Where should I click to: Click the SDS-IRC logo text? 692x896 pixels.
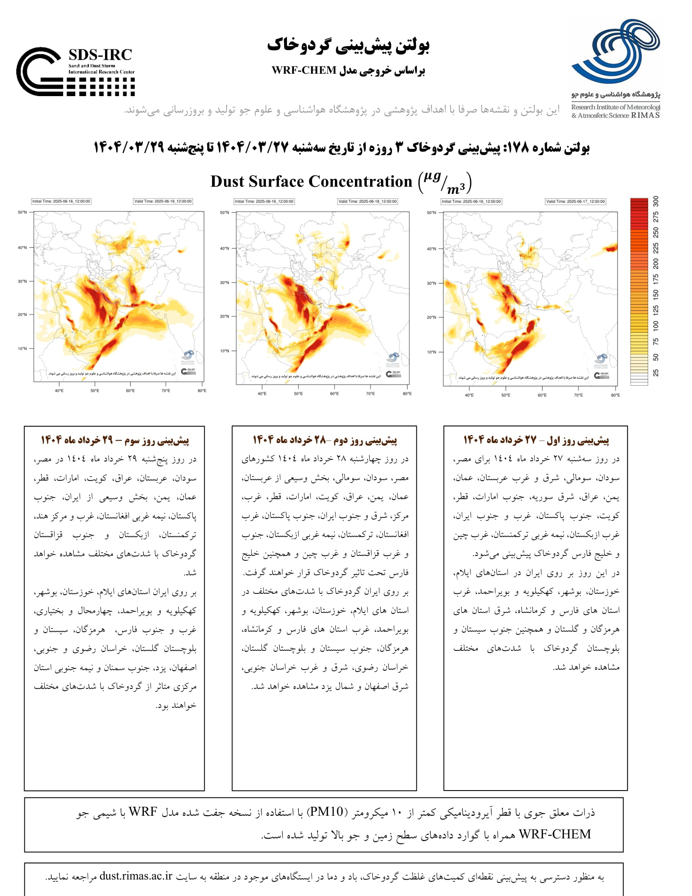pos(100,55)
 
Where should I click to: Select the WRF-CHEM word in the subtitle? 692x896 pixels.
pos(304,70)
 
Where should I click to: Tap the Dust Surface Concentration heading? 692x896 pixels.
pos(311,181)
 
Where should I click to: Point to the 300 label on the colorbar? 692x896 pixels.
pos(655,202)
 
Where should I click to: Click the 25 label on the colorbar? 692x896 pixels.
pos(655,373)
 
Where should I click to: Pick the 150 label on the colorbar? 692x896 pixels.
pos(655,294)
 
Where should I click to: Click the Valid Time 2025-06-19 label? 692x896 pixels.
pos(163,202)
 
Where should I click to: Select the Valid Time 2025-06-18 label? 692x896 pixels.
pos(367,202)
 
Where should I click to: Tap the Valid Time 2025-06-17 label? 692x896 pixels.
pos(575,202)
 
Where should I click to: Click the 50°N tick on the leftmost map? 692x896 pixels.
pos(22,213)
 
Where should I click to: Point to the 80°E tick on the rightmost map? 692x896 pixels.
pos(615,395)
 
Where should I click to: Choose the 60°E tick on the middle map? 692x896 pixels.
pos(334,394)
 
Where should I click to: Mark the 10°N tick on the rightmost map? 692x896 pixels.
pos(431,352)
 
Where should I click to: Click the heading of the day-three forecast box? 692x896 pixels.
pos(115,440)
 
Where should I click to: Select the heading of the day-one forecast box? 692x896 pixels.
pos(536,440)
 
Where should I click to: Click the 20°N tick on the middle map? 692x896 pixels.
pos(225,316)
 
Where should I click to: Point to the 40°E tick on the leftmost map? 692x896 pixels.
pos(59,391)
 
